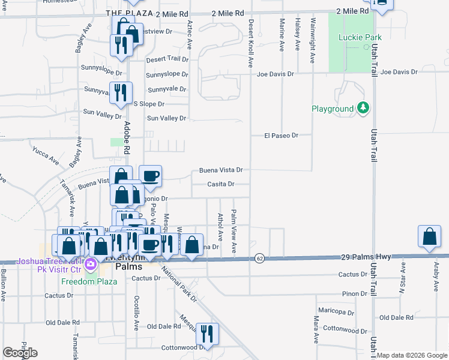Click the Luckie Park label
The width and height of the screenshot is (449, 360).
pos(360,37)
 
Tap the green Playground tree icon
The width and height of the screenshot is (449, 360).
pos(363,109)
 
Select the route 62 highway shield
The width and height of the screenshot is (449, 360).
pos(259,258)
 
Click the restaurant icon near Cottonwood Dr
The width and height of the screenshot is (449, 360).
pos(207,332)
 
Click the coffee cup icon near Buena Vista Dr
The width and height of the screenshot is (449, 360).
pos(150,176)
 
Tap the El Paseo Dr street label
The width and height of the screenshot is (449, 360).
pos(281,136)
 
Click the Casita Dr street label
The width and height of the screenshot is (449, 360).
pos(220,184)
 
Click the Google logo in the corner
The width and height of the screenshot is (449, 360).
pos(20,353)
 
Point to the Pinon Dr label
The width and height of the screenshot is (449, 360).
pos(354,293)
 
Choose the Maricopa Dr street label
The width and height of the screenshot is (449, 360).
pos(336,312)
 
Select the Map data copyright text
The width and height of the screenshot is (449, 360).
pos(412,356)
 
